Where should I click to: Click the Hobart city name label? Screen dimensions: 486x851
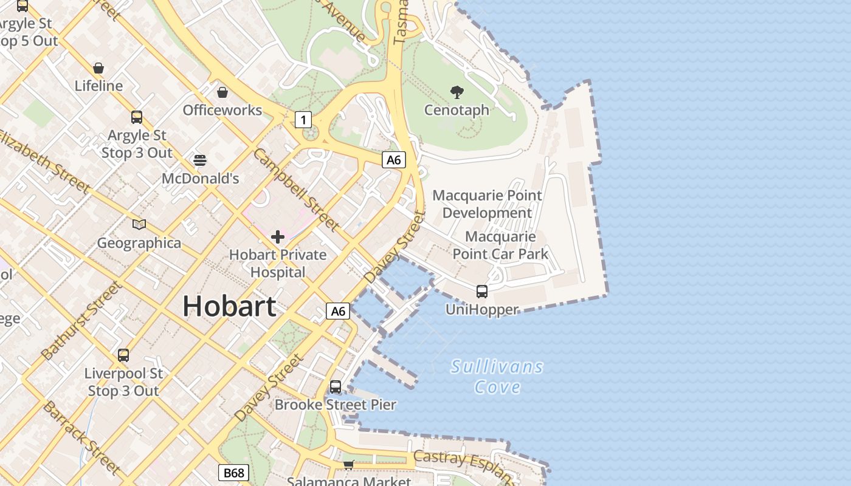(229, 306)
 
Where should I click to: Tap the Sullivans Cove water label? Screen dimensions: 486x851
(497, 377)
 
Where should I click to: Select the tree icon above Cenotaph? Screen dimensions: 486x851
(457, 92)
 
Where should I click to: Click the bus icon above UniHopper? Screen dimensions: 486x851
(482, 292)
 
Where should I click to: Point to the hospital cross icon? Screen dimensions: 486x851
(278, 236)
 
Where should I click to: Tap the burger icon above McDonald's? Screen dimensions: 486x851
(200, 160)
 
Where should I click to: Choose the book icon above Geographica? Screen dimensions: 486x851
(139, 225)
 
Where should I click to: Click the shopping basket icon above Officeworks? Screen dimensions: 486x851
(222, 92)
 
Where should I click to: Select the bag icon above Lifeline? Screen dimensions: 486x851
(98, 68)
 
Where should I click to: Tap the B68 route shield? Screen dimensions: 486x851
(233, 473)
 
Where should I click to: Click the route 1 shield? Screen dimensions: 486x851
(303, 120)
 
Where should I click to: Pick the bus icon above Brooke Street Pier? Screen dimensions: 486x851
(336, 386)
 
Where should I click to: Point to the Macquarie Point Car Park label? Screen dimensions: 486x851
(500, 245)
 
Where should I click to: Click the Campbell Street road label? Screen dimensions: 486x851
(296, 190)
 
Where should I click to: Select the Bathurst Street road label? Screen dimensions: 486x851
(80, 320)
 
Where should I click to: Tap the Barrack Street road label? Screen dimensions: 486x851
(81, 437)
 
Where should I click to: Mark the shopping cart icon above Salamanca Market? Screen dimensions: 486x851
(348, 465)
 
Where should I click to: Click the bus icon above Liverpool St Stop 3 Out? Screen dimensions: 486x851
(123, 355)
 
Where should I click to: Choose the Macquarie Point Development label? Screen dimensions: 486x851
(487, 204)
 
